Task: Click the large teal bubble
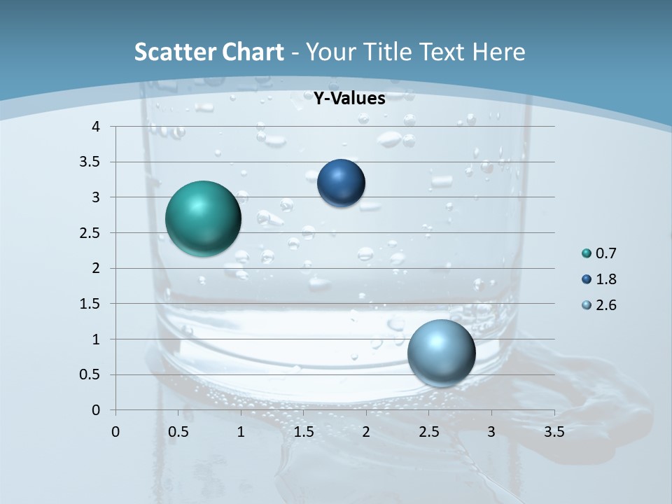pyautogui.click(x=203, y=218)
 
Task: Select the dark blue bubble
pyautogui.click(x=341, y=183)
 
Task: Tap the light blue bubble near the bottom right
pyautogui.click(x=441, y=353)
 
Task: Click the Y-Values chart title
pyautogui.click(x=349, y=99)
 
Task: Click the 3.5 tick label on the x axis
pyautogui.click(x=554, y=432)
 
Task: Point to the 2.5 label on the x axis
pyautogui.click(x=428, y=432)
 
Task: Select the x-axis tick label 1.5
pyautogui.click(x=303, y=432)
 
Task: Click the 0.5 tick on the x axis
pyautogui.click(x=178, y=432)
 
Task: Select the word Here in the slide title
pyautogui.click(x=498, y=52)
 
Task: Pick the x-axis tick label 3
pyautogui.click(x=491, y=432)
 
